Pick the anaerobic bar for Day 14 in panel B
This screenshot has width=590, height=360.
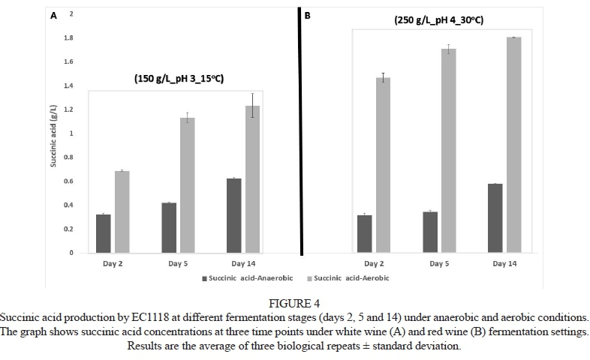[494, 217]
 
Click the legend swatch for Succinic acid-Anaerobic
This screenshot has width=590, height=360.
[204, 278]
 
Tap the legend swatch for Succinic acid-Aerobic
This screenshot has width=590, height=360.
[309, 278]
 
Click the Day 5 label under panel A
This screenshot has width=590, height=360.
[179, 264]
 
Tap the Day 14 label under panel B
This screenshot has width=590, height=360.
[504, 264]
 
